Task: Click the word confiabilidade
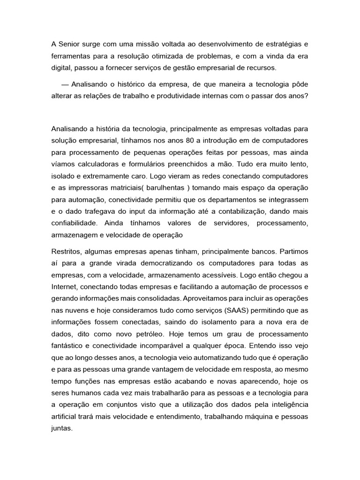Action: [x=74, y=224]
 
